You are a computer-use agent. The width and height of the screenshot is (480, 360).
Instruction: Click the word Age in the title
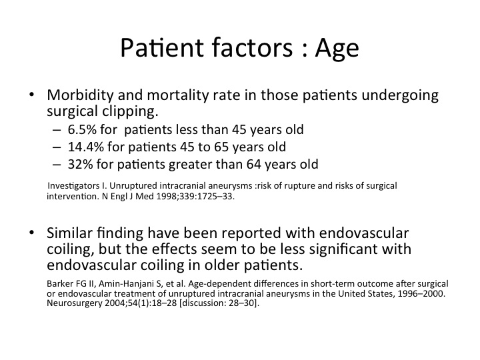[x=337, y=49]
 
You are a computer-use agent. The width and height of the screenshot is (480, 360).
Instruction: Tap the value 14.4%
[x=86, y=147]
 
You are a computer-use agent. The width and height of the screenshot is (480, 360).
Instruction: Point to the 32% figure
[x=80, y=165]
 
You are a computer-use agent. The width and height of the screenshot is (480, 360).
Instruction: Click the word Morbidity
[x=80, y=95]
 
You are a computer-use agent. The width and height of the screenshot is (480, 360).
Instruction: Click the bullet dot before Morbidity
[x=31, y=95]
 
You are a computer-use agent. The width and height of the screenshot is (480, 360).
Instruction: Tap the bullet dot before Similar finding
[x=31, y=233]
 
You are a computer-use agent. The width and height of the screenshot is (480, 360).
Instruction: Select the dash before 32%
[x=57, y=165]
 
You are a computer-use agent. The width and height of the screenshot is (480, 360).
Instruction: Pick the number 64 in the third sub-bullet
[x=254, y=165]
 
